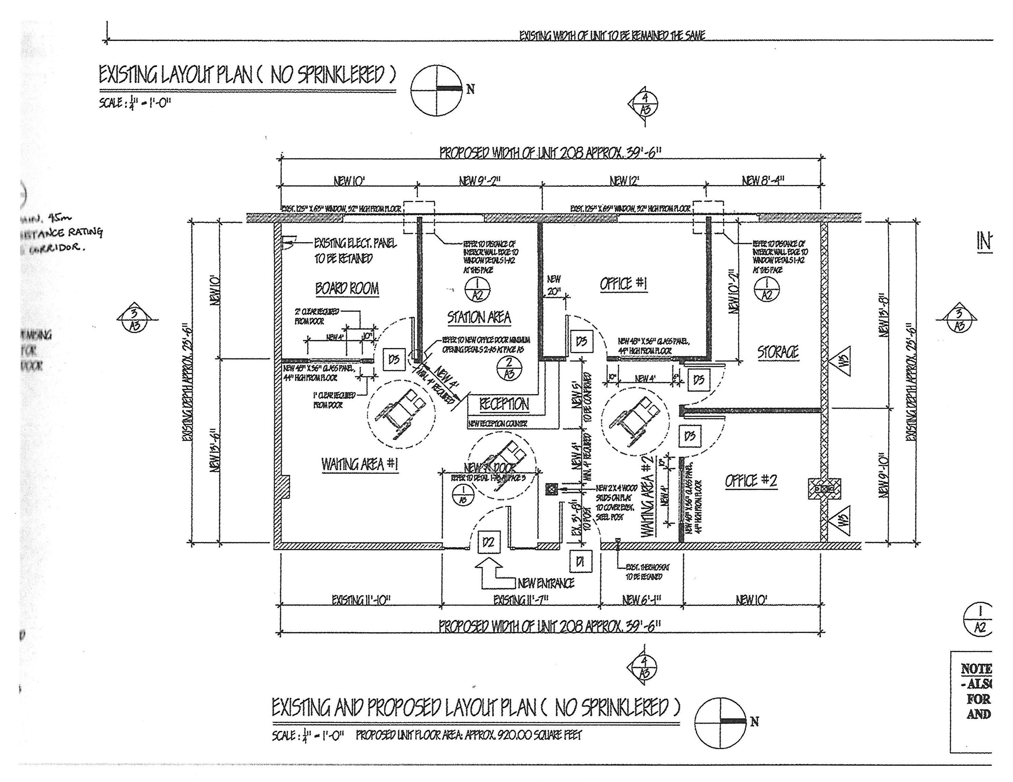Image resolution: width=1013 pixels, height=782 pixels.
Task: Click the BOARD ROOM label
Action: pyautogui.click(x=347, y=288)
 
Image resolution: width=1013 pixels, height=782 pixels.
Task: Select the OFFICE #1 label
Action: pyautogui.click(x=623, y=284)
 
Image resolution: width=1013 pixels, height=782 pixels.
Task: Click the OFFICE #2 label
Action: pyautogui.click(x=750, y=481)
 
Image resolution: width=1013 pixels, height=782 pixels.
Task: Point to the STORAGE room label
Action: pyautogui.click(x=778, y=353)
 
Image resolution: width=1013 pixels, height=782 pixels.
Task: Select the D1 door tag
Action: pyautogui.click(x=580, y=562)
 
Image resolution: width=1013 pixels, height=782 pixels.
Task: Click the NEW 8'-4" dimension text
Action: pyautogui.click(x=763, y=180)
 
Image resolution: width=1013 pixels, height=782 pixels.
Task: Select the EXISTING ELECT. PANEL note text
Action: pyautogui.click(x=355, y=250)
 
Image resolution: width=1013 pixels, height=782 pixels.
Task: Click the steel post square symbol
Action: pyautogui.click(x=551, y=488)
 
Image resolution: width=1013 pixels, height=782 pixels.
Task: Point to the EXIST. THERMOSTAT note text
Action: pyautogui.click(x=647, y=572)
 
